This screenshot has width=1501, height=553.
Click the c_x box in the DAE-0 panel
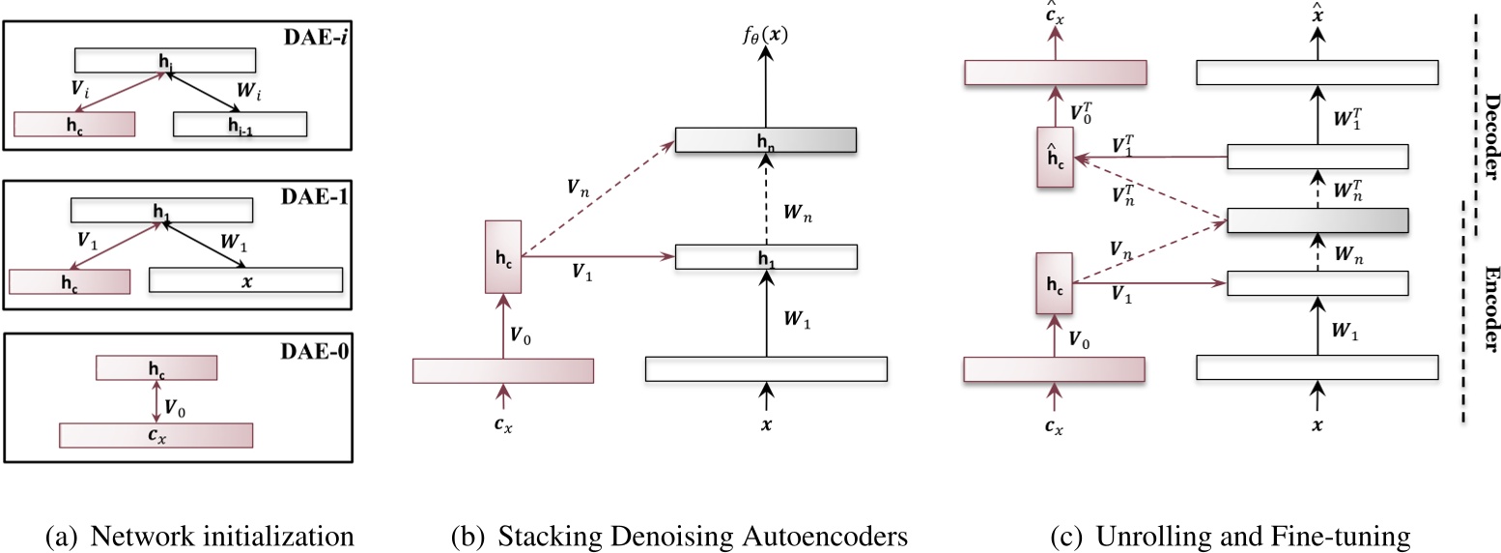tap(156, 435)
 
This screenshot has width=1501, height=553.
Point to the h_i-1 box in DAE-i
tap(240, 124)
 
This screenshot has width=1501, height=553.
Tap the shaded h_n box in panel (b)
tap(766, 140)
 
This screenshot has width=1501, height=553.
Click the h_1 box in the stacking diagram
tap(766, 256)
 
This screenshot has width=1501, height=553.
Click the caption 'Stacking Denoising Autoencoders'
tap(680, 535)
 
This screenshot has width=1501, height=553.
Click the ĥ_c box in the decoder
tap(1055, 157)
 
